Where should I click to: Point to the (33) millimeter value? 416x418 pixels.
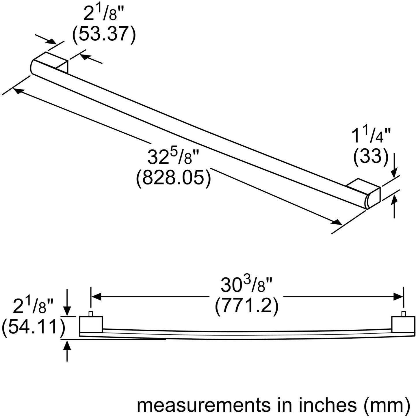click(371, 156)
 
